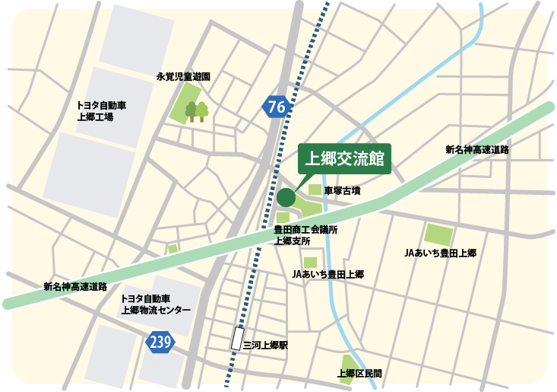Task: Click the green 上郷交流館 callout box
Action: (x=343, y=160)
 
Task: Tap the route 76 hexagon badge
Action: (x=277, y=107)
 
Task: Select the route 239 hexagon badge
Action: (x=161, y=343)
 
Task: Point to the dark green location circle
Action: (x=286, y=198)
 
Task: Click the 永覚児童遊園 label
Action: (x=183, y=77)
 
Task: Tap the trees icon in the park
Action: (x=197, y=112)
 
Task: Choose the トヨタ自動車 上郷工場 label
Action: (x=101, y=111)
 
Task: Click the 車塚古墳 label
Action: (x=342, y=191)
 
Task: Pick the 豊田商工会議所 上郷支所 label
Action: (x=305, y=235)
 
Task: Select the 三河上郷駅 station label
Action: (x=265, y=345)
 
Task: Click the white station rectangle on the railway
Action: (x=238, y=339)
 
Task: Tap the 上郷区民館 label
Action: (x=359, y=374)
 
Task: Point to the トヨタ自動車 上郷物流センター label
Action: (x=156, y=305)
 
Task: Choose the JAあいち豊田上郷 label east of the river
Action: (x=440, y=253)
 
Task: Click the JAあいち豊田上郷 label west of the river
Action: (x=328, y=274)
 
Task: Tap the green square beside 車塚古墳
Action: (x=315, y=190)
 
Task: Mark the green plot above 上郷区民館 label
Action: (x=348, y=361)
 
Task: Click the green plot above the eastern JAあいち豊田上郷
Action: (x=438, y=234)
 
